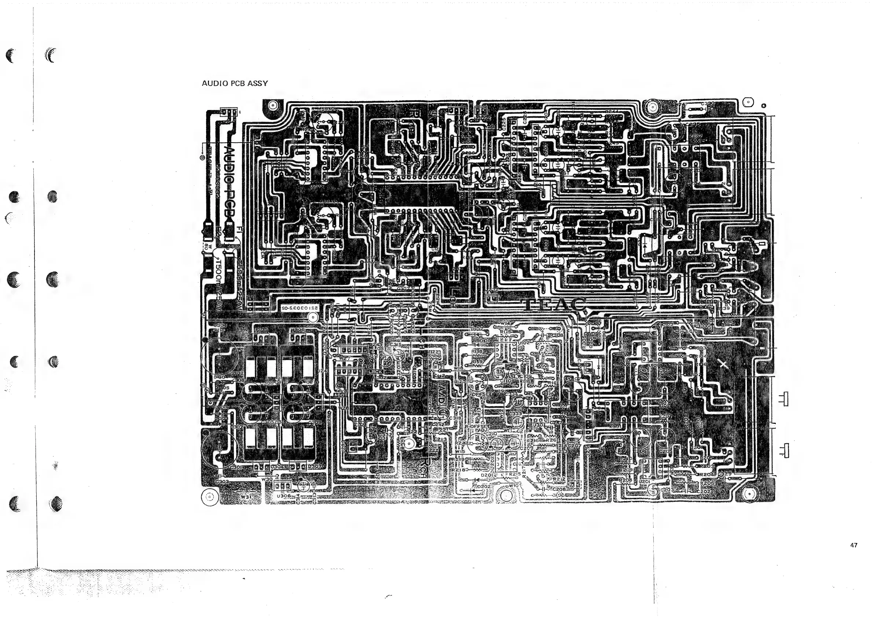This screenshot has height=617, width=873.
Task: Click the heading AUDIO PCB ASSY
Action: pos(235,83)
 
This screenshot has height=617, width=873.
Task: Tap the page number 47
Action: pos(854,545)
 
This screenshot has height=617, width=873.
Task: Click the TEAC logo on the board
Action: pos(555,305)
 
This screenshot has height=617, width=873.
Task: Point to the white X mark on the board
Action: pos(723,364)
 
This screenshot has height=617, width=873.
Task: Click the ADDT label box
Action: pos(340,395)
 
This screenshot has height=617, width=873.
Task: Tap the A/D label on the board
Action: pos(441,395)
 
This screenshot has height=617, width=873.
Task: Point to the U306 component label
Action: pos(284,496)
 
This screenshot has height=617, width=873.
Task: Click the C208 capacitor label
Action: pos(559,489)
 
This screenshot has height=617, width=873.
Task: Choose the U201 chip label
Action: pos(644,481)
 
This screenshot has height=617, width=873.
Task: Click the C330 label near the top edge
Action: pos(708,103)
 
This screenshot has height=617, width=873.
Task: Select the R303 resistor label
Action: pos(700,326)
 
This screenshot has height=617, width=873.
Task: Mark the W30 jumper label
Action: pos(267,480)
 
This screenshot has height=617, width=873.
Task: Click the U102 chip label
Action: pos(524,342)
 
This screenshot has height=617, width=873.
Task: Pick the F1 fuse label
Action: pos(239,229)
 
